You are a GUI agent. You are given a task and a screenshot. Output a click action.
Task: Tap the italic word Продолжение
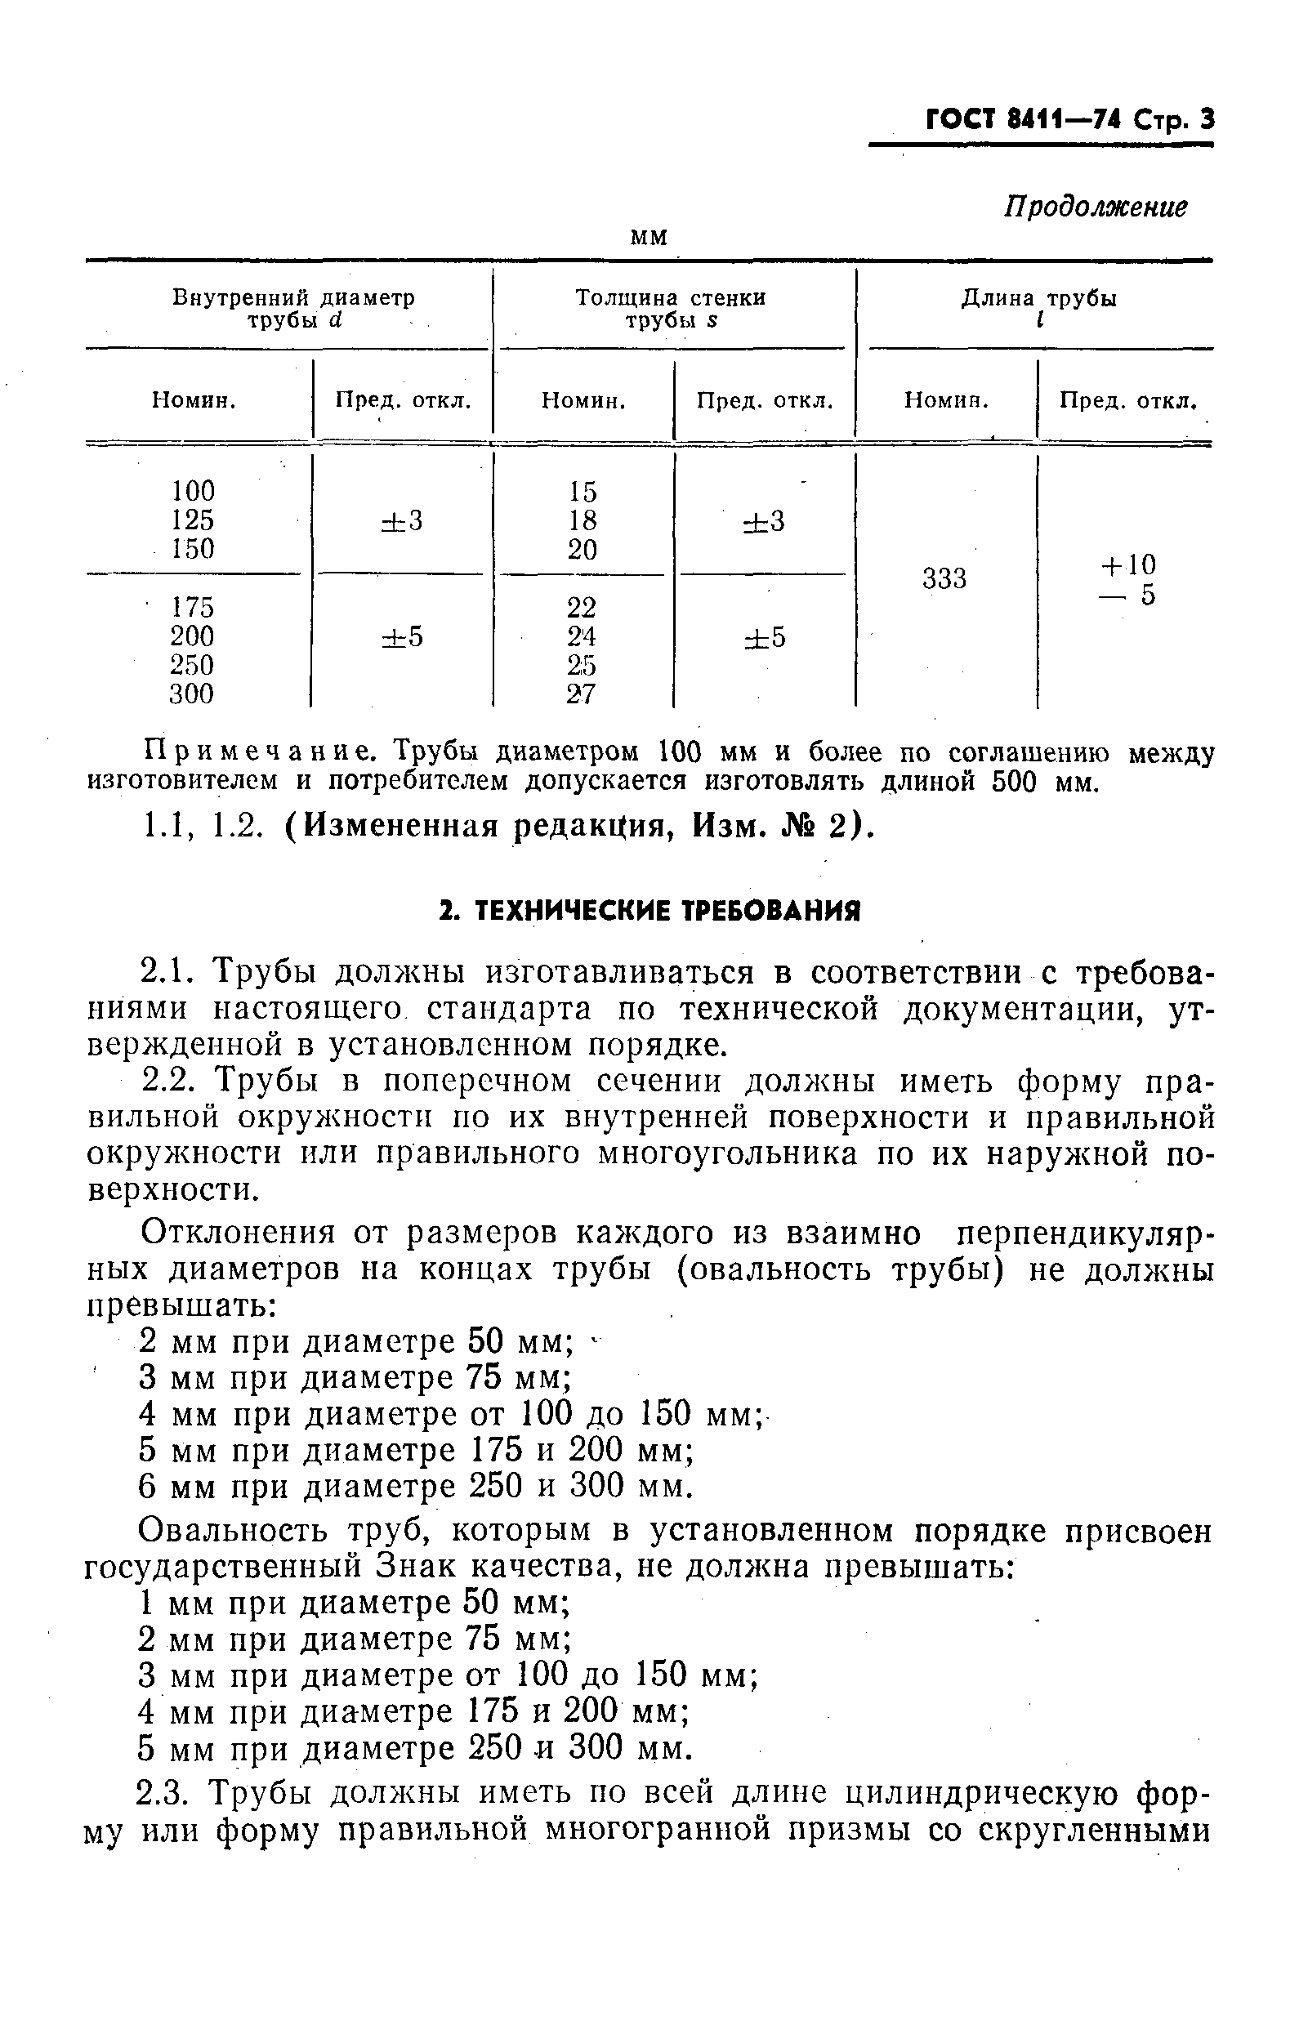point(1095,207)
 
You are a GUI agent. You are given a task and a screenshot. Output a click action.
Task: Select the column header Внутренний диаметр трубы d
point(293,309)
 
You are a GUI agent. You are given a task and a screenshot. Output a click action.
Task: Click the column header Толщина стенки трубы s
point(671,309)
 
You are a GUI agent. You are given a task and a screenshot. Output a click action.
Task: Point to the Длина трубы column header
point(1039,309)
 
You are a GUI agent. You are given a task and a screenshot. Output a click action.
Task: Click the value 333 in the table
point(944,579)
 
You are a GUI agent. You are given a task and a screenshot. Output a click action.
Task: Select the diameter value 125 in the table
point(193,520)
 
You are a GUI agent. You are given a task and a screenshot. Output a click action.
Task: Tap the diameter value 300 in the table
point(193,694)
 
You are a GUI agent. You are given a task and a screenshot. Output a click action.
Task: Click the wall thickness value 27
point(582,694)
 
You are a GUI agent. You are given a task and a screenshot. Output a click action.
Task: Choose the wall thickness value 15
point(583,492)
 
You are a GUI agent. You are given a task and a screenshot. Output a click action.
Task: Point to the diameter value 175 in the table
point(193,607)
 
